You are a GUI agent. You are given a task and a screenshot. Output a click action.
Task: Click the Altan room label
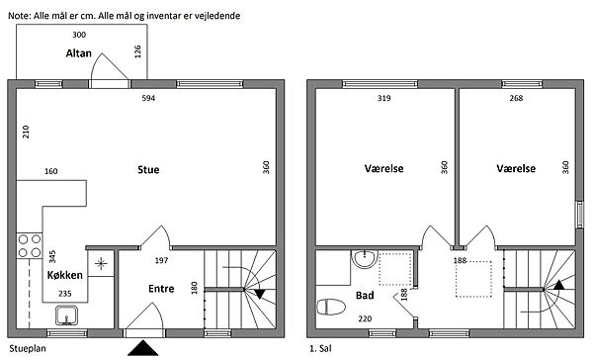tap(79, 53)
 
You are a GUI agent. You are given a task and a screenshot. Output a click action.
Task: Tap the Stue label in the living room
tap(148, 169)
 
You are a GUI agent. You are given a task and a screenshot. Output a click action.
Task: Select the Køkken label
tap(64, 275)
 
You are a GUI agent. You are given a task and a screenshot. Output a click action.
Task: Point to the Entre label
tap(161, 289)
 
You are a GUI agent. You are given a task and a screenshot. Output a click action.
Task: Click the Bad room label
tap(365, 296)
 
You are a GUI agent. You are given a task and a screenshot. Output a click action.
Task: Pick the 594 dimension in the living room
tap(148, 99)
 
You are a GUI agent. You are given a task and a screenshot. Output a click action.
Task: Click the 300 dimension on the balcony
tap(79, 35)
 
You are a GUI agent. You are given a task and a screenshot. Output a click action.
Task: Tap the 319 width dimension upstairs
tap(383, 99)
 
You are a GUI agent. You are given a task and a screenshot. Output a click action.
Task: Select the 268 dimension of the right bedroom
tap(516, 99)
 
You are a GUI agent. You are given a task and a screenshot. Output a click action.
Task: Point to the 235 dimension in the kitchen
tap(65, 294)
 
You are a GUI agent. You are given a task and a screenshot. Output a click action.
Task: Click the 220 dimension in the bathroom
tap(365, 319)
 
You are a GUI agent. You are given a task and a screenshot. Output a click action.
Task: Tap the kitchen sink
tap(66, 315)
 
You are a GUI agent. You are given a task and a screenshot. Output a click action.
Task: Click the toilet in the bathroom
tap(330, 307)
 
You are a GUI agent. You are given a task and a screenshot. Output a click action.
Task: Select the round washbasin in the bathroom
tap(365, 258)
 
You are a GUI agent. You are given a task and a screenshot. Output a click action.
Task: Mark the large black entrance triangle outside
tap(142, 348)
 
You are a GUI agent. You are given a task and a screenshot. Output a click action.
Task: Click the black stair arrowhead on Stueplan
tap(259, 294)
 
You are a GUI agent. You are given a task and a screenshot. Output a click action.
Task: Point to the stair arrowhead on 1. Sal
tap(559, 285)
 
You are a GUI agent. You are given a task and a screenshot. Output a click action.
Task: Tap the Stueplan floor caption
tap(28, 349)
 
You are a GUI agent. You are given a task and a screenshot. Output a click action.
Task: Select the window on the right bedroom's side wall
tap(579, 215)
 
